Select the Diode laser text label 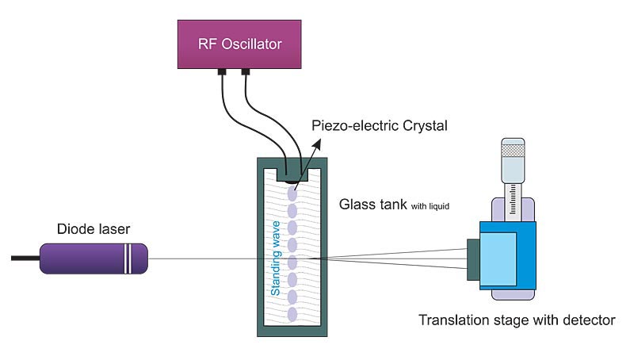pos(93,230)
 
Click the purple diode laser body pos(87,259)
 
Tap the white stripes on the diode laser pos(129,259)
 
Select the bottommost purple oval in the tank pos(292,314)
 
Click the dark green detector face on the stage pos(473,259)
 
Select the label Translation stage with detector pos(517,321)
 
